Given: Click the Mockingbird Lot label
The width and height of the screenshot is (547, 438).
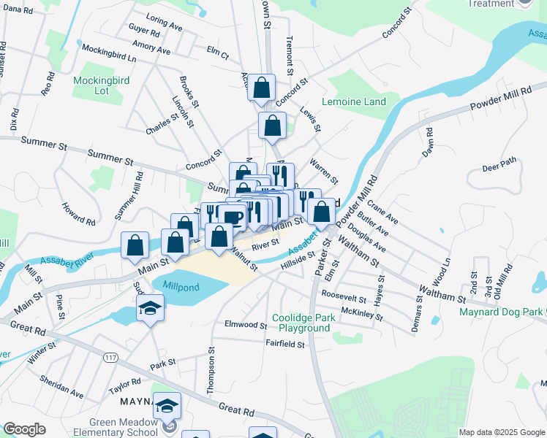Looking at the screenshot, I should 101,85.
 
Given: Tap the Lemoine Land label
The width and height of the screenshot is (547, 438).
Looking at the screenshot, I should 354,102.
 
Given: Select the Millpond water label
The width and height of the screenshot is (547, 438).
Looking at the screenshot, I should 181,287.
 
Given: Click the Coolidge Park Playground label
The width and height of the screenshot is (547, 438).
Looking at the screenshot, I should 301,323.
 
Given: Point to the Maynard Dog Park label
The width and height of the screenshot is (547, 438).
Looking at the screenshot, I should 501,312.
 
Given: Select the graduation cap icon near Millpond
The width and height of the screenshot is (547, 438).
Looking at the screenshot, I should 151,308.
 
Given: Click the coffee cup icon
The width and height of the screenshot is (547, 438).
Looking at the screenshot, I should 233,217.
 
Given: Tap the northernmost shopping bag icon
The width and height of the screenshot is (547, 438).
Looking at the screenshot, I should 262,89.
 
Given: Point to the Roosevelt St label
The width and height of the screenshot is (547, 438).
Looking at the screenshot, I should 343,299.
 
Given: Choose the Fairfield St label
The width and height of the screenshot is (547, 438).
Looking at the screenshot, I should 284,343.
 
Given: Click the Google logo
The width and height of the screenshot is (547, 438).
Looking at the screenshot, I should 24,429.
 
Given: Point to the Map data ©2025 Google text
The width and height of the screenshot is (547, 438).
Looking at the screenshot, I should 500,432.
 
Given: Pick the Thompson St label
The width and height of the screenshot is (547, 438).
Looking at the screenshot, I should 211,371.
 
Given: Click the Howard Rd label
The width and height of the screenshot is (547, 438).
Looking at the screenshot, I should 78,213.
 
